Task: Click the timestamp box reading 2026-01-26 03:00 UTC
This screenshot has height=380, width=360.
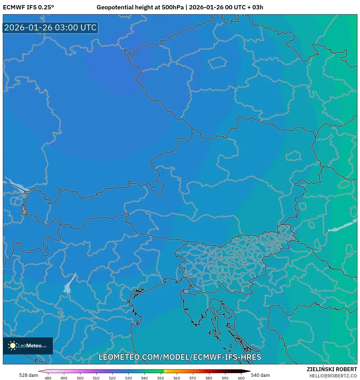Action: click(50, 28)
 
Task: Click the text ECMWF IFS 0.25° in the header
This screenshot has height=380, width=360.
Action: click(28, 7)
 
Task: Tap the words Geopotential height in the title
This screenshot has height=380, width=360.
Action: click(125, 7)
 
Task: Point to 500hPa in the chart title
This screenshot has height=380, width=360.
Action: click(173, 7)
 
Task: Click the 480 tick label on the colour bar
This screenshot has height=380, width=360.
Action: click(48, 378)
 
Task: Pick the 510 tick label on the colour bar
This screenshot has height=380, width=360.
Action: click(96, 378)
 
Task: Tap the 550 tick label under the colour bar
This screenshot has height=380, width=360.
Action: click(161, 378)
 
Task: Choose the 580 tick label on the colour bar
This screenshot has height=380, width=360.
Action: click(209, 378)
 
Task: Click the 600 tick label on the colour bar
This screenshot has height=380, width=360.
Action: click(241, 378)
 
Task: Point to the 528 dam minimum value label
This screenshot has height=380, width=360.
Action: click(28, 375)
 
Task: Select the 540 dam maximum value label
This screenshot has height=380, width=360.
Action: click(260, 375)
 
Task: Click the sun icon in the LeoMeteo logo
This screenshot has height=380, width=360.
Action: click(13, 346)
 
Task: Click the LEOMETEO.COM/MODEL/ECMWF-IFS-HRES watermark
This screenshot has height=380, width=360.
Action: click(180, 357)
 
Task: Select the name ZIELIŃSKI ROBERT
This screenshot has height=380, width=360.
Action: click(332, 369)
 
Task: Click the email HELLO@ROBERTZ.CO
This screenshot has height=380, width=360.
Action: click(333, 376)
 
